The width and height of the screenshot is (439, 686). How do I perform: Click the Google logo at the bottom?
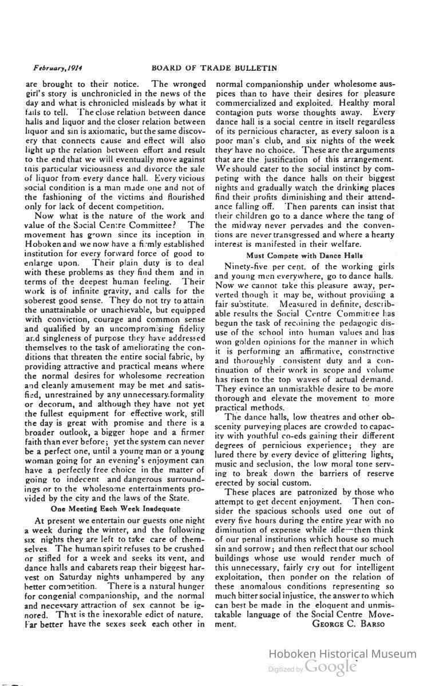330,667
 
